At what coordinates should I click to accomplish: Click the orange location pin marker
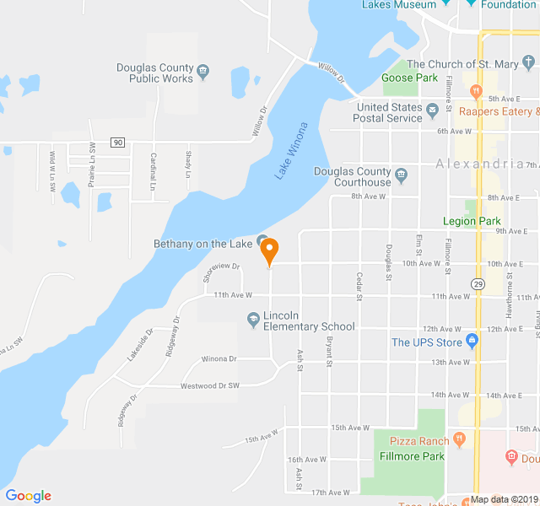[269, 251]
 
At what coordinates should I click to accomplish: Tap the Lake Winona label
[291, 151]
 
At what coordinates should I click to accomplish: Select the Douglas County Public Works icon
[202, 68]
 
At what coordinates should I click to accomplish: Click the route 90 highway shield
[117, 143]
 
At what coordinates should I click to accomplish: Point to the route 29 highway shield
[478, 283]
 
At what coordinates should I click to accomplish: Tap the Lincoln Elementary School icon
[253, 318]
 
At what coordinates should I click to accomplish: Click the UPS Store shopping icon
[472, 342]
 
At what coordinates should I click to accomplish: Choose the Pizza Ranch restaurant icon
[459, 439]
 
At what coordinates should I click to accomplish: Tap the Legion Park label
[472, 221]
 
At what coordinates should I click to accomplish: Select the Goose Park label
[409, 78]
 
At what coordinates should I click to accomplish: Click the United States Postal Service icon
[433, 109]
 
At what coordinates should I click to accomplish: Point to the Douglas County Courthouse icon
[402, 175]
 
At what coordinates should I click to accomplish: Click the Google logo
[28, 496]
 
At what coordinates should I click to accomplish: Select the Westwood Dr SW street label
[210, 385]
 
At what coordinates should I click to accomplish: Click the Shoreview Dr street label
[221, 270]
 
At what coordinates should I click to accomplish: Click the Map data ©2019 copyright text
[504, 499]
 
